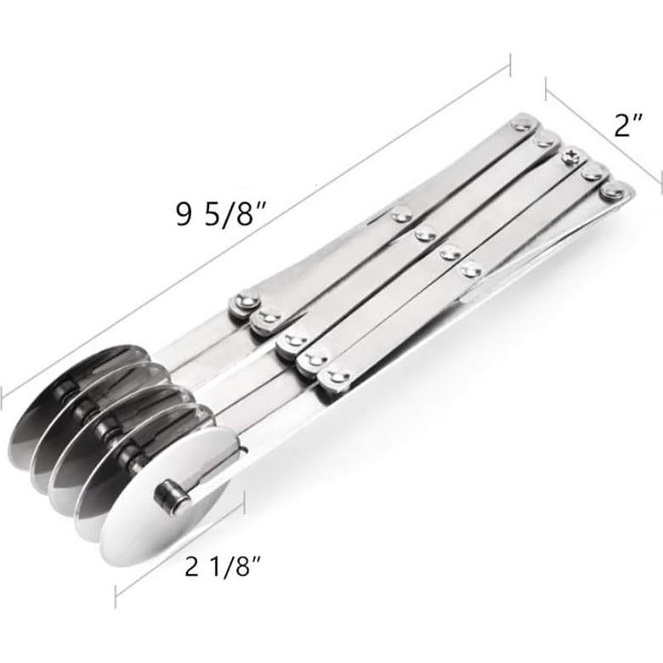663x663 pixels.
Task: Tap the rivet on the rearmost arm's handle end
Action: click(519, 127)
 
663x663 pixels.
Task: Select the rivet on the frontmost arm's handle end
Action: click(610, 192)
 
